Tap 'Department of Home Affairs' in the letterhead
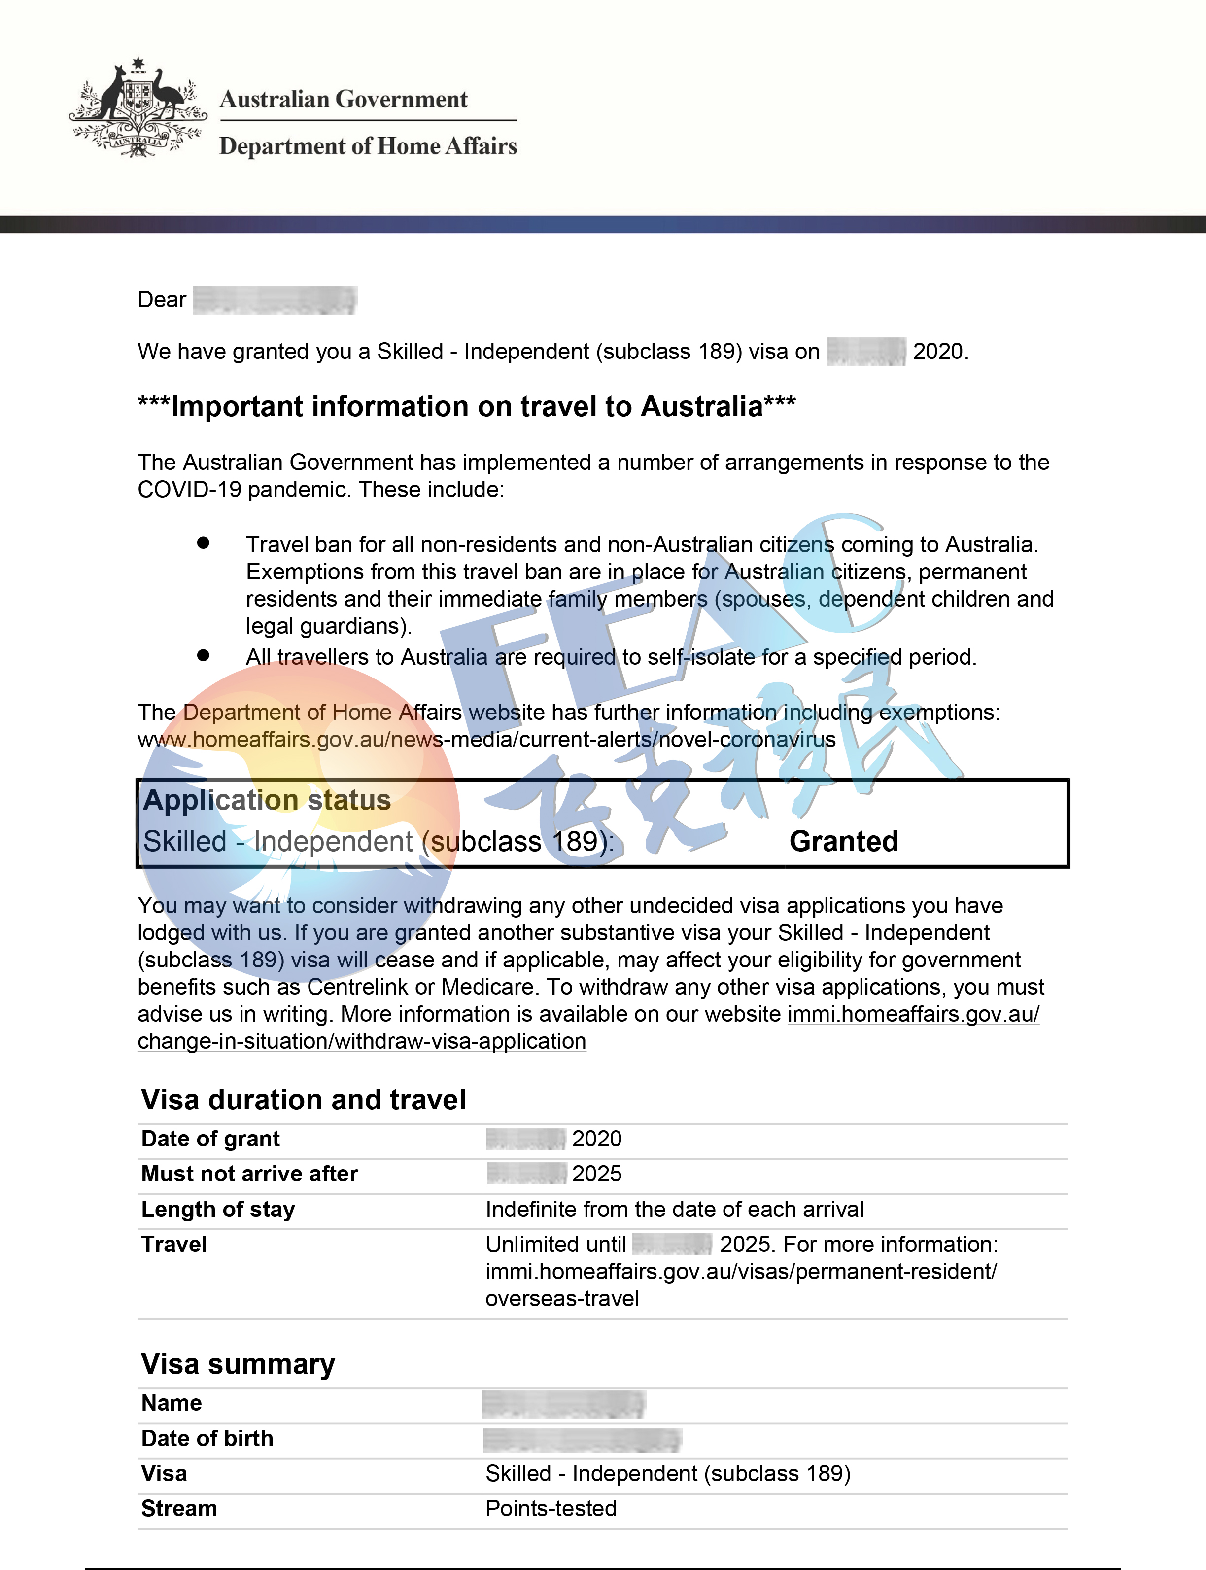368,146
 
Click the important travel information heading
467,406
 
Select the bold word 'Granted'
843,842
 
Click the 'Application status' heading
267,800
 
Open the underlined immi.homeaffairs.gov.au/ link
913,1014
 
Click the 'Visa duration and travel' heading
304,1100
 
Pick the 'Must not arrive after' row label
249,1174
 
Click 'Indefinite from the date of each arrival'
674,1210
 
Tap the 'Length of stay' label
217,1210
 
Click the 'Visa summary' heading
238,1364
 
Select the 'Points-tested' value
551,1509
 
